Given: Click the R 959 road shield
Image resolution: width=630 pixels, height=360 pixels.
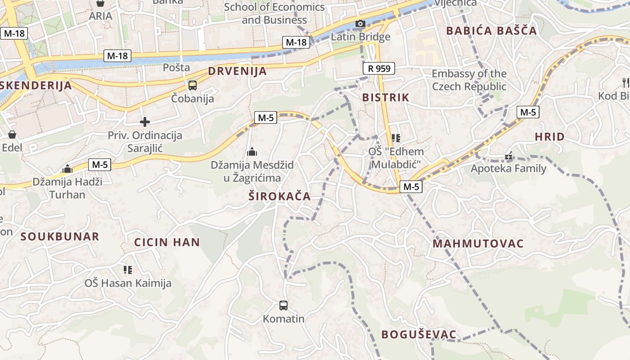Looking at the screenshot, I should coord(378,68).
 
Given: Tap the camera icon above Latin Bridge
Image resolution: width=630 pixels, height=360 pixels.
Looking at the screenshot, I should coord(360,24).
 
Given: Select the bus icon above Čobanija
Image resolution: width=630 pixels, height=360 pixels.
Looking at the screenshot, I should coord(193,85).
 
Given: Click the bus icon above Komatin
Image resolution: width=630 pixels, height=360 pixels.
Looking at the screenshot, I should coord(283,306).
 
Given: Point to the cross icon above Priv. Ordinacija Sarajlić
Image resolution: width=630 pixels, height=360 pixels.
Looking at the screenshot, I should coord(145,122).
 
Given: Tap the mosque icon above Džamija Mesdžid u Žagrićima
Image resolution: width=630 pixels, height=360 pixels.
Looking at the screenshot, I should coord(252,152).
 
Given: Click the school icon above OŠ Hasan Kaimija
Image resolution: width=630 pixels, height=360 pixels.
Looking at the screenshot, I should coord(128,270).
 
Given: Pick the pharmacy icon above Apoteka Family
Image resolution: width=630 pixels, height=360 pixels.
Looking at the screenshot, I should coord(508,156).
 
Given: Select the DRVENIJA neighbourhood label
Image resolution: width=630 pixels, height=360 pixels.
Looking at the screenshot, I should coord(237,71).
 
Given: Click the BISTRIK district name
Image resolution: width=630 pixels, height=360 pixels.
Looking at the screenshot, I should coord(386,97).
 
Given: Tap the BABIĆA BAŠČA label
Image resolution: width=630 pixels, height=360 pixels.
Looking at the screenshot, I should coord(491,31).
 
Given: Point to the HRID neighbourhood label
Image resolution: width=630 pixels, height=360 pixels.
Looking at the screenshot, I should coord(549,137).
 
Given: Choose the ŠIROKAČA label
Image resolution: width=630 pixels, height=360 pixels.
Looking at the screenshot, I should coord(279,196).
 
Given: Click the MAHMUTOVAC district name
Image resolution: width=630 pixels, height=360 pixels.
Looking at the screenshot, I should coord(478,244).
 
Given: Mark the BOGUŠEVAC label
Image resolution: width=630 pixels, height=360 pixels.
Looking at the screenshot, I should coord(418,334).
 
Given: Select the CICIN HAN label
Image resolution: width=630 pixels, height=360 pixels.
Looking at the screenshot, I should coord(167,242).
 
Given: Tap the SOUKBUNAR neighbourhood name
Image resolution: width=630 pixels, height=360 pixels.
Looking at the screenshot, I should coord(60,237).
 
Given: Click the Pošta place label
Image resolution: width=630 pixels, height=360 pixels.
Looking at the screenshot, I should coord(176,67).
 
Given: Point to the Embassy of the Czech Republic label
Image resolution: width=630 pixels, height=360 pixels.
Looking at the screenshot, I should coord(469,80).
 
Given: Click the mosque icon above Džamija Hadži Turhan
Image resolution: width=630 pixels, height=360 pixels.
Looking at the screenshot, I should coord(67,169).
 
